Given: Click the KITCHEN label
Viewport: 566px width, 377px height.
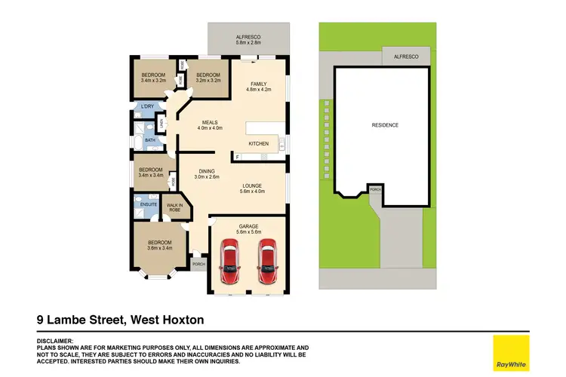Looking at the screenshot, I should click(x=259, y=144).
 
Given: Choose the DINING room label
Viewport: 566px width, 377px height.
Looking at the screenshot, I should click(x=206, y=171).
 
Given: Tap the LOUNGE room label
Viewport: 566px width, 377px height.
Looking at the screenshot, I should click(x=251, y=185).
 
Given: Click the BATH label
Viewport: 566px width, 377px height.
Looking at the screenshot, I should click(x=150, y=139).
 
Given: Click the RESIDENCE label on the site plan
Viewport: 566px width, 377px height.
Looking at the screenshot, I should click(x=384, y=125).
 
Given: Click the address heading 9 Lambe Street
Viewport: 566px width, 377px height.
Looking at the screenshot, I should click(x=121, y=320).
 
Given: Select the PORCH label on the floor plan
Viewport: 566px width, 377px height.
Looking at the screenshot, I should click(x=199, y=265).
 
